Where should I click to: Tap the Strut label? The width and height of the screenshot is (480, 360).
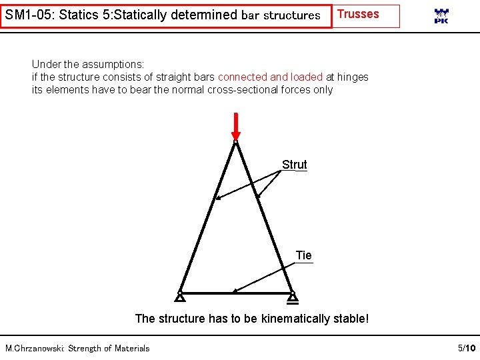[x=294, y=164]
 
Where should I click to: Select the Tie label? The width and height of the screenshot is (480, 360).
[x=303, y=255]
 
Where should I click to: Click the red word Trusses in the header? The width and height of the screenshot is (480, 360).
[x=359, y=14]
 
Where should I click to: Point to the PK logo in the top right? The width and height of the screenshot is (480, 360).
[x=441, y=16]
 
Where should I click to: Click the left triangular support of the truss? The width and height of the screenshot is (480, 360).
[x=180, y=297]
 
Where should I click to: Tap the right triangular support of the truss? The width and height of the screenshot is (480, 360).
[x=292, y=297]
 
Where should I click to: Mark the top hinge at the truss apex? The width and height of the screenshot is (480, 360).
[x=235, y=141]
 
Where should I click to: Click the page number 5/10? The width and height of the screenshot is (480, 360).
[x=467, y=348]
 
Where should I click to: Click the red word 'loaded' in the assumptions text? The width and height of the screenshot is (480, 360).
[x=307, y=77]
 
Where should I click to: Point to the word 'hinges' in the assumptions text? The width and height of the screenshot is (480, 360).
[x=353, y=77]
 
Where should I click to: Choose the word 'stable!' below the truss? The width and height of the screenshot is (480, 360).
[x=351, y=318]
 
